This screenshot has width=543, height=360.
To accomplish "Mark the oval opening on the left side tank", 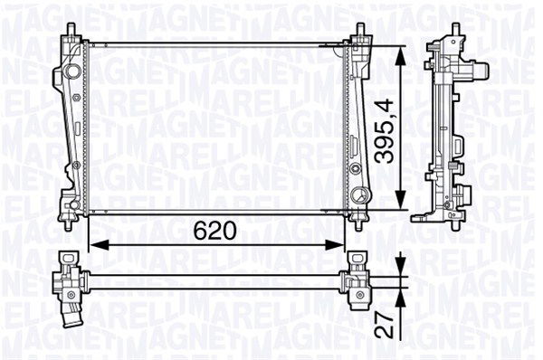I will point(70,71).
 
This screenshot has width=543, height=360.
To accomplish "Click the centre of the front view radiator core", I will point(217,127).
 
